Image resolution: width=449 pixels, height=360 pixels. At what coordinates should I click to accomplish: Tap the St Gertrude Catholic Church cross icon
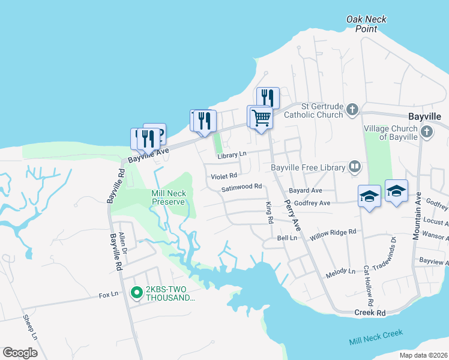(x=352, y=110)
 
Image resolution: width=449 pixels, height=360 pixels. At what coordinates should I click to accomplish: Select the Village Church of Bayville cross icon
(x=426, y=131)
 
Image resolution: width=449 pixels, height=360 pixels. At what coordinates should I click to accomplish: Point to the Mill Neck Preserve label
(x=169, y=197)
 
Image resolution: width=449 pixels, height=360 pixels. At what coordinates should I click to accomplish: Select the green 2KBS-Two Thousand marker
(x=136, y=293)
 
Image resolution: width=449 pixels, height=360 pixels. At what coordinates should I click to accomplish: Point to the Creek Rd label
(x=370, y=313)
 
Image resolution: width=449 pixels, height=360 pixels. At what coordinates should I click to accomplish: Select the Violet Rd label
(x=223, y=176)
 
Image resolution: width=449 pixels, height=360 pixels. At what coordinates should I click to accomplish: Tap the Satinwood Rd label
(x=242, y=187)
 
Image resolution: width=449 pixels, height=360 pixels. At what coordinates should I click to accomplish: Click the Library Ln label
(x=232, y=154)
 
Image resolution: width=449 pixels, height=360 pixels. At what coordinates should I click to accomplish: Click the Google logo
(x=20, y=353)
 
